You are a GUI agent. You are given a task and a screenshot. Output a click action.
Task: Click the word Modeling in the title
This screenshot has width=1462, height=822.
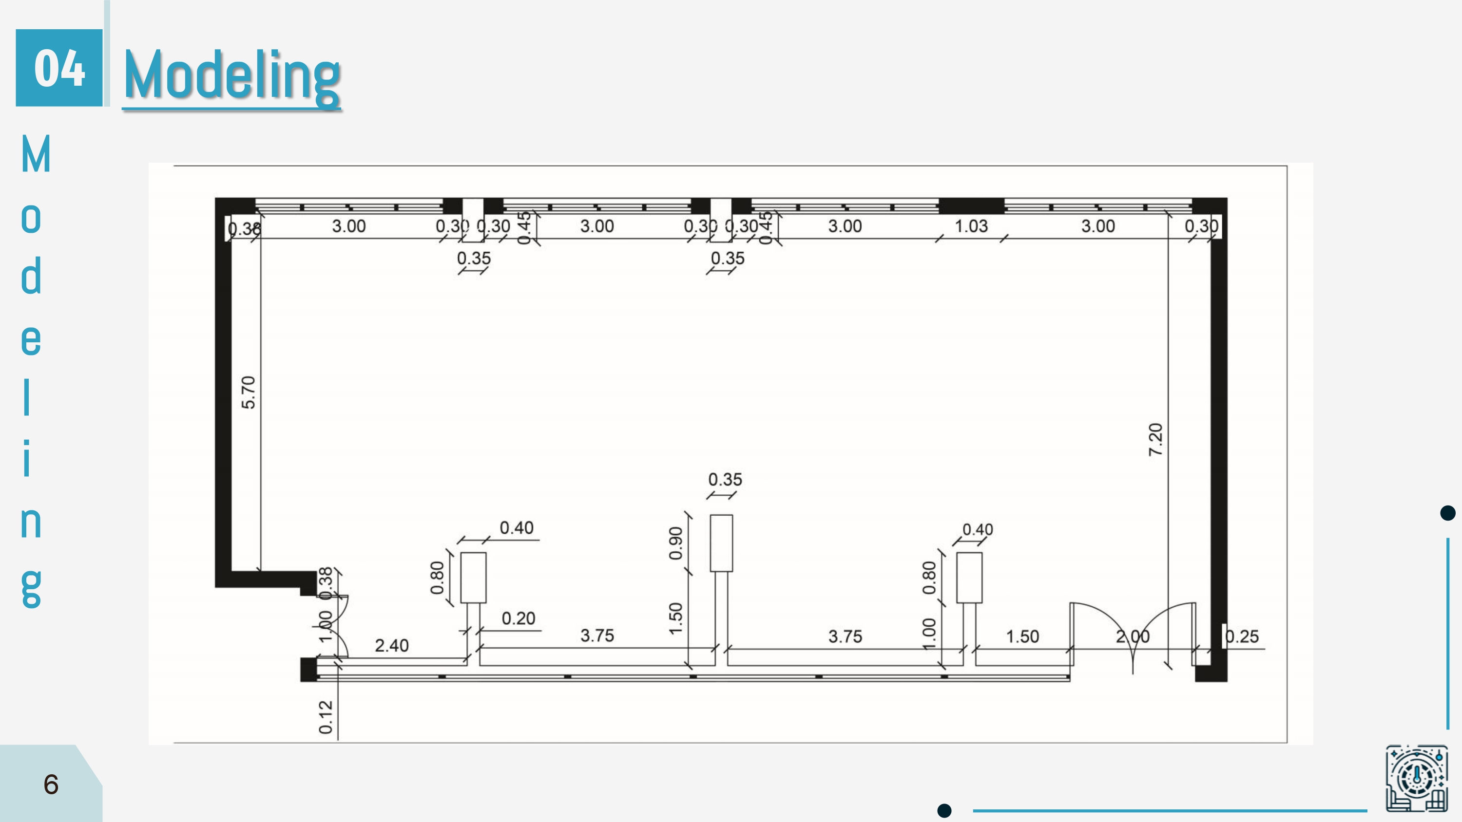point(231,75)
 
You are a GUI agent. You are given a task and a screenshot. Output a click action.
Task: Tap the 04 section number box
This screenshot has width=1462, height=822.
point(59,68)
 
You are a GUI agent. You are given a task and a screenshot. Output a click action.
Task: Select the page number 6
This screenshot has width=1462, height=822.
point(51,785)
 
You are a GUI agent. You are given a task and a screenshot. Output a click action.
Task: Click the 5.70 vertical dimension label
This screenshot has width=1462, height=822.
point(249,392)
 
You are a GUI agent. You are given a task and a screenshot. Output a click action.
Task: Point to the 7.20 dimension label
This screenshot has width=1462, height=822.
point(1155,440)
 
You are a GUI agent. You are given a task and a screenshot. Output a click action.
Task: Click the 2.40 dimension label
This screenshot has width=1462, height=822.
point(392,646)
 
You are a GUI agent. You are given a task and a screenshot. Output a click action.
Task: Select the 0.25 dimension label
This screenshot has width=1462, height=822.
point(1242,636)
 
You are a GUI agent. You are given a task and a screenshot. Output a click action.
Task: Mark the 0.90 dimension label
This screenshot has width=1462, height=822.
point(675,543)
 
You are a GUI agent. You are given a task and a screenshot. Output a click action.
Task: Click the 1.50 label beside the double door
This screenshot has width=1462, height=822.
point(1022,636)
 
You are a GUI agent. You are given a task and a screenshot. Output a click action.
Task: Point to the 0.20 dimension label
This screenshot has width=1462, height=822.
point(518,618)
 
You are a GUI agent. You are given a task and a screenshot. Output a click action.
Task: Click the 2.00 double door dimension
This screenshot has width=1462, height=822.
point(1133,636)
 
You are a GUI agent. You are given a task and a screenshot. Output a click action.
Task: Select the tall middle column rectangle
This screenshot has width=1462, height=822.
point(721,543)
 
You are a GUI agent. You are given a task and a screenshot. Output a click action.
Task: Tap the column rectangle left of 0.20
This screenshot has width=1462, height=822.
point(473,578)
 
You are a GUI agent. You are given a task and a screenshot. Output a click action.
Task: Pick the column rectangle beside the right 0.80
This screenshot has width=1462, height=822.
point(969,578)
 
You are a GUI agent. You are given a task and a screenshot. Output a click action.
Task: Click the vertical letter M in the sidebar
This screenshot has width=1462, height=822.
point(36,154)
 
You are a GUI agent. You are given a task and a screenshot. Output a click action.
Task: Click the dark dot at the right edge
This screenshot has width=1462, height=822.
point(1448,513)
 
